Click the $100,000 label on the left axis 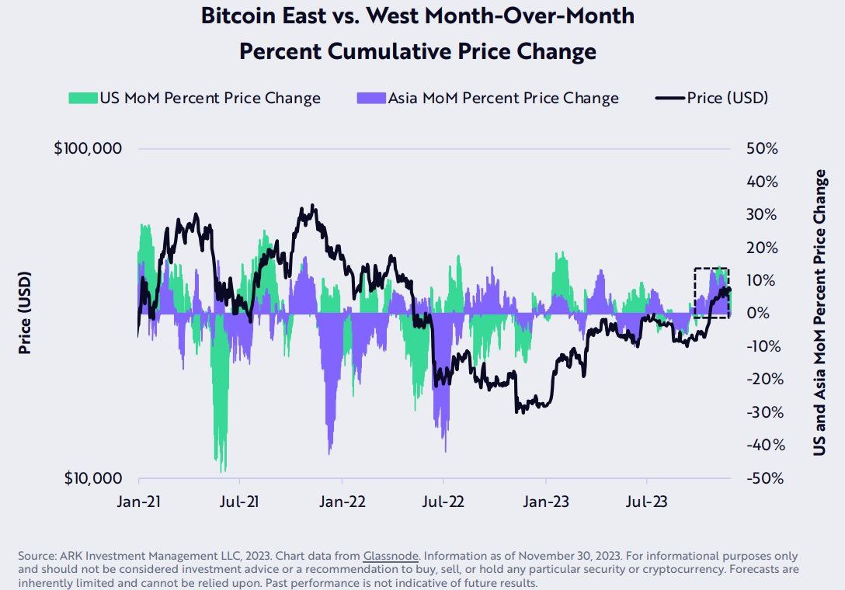pos(88,148)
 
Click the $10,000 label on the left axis pos(91,478)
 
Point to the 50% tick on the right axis pos(762,148)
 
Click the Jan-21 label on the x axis pos(138,502)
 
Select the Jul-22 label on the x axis pos(443,502)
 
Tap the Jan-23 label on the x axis pos(545,502)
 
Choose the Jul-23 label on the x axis pos(648,502)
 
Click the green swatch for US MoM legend pos(82,99)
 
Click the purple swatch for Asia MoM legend pos(371,99)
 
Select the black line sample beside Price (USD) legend pos(670,99)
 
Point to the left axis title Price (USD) pos(25,313)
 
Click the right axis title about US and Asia pos(819,313)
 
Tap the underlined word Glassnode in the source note pos(391,557)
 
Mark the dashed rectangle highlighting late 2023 pos(711,293)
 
